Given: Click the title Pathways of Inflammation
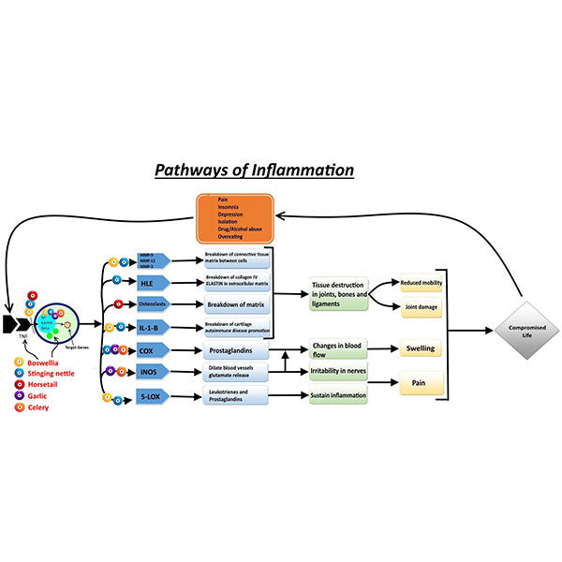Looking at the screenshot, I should click(255, 170).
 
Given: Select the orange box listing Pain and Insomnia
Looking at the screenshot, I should click(233, 218).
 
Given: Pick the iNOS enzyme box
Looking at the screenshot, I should click(151, 372).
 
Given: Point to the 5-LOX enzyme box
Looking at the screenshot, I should click(151, 398).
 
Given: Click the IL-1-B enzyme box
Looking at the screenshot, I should click(151, 327).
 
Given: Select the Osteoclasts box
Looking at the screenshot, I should click(151, 304).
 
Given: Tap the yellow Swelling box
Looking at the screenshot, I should click(421, 348).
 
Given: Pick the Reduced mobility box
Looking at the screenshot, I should click(421, 283).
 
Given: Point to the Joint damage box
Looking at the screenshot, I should click(421, 306).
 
